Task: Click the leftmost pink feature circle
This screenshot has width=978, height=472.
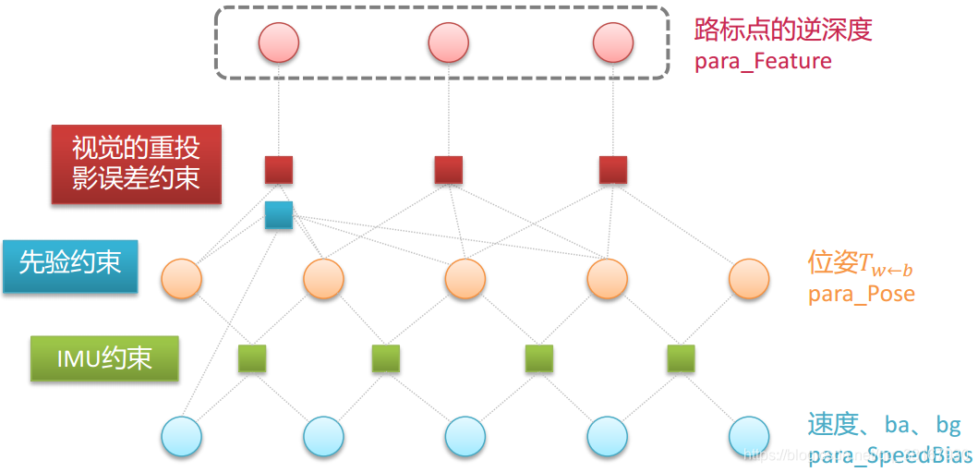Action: coord(279,42)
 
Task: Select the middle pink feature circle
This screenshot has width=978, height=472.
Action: coord(449,42)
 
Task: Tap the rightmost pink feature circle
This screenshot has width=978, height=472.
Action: coord(613,42)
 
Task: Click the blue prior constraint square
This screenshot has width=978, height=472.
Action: coord(279,215)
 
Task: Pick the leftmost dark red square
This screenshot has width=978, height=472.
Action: coord(279,170)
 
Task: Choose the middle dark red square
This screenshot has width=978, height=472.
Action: coord(449,170)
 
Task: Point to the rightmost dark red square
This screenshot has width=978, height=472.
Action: coord(613,170)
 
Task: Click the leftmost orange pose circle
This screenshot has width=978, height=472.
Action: coord(181,279)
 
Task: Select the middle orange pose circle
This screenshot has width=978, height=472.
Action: coord(465,279)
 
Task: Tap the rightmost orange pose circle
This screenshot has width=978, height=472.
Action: coord(748,279)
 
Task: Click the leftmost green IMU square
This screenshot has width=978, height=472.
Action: coord(252,358)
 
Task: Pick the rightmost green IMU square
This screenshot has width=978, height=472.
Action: coord(681,358)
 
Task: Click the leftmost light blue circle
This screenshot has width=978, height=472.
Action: coord(181,436)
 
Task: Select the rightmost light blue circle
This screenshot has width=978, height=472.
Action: coord(748,436)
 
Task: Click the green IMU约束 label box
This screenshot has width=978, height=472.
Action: coord(104,358)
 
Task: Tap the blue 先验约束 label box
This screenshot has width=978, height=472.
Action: coord(70,266)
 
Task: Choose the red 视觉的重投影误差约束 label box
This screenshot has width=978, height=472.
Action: coord(137,163)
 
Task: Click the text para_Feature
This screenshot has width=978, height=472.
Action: coord(762,62)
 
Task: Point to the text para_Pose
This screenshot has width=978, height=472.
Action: coord(861,295)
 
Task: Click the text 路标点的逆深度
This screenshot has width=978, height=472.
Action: coord(782,30)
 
